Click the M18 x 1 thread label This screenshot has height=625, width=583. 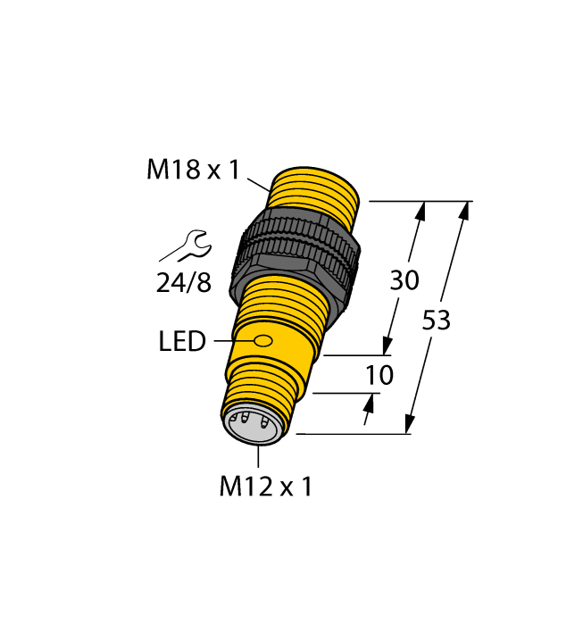tap(193, 169)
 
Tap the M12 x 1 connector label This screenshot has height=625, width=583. tap(265, 487)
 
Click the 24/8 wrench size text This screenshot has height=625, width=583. tap(184, 283)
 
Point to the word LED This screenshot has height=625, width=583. tap(182, 341)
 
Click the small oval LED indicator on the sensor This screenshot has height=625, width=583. tap(263, 340)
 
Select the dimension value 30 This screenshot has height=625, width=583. tap(404, 280)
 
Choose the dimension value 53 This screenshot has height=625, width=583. tap(436, 321)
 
